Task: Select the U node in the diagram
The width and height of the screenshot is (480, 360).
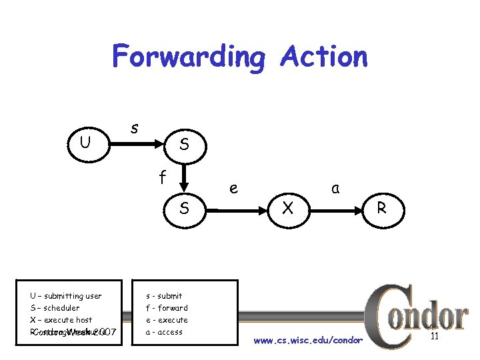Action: [x=85, y=142]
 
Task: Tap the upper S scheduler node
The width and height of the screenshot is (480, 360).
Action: [x=184, y=143]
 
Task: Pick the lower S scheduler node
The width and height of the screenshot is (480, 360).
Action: [x=184, y=209]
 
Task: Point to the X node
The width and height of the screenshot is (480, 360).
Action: [x=287, y=209]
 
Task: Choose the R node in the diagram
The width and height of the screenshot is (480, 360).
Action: [x=382, y=209]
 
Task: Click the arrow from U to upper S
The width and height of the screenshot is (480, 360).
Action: [x=133, y=143]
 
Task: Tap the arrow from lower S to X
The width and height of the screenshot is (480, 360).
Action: [x=233, y=209]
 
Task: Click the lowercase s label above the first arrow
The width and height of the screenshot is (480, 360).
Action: [x=134, y=126]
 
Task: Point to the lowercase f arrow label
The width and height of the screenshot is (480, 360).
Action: [x=161, y=177]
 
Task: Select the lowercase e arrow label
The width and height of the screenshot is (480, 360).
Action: [x=233, y=189]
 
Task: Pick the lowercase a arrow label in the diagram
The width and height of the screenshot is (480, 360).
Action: [x=335, y=189]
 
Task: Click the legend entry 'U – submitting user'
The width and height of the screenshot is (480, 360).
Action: [x=65, y=296]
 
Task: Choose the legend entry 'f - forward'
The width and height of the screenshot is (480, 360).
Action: [x=167, y=308]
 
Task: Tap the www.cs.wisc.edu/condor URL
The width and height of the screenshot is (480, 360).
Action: [x=309, y=341]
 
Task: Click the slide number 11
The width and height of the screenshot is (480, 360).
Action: [x=434, y=337]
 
